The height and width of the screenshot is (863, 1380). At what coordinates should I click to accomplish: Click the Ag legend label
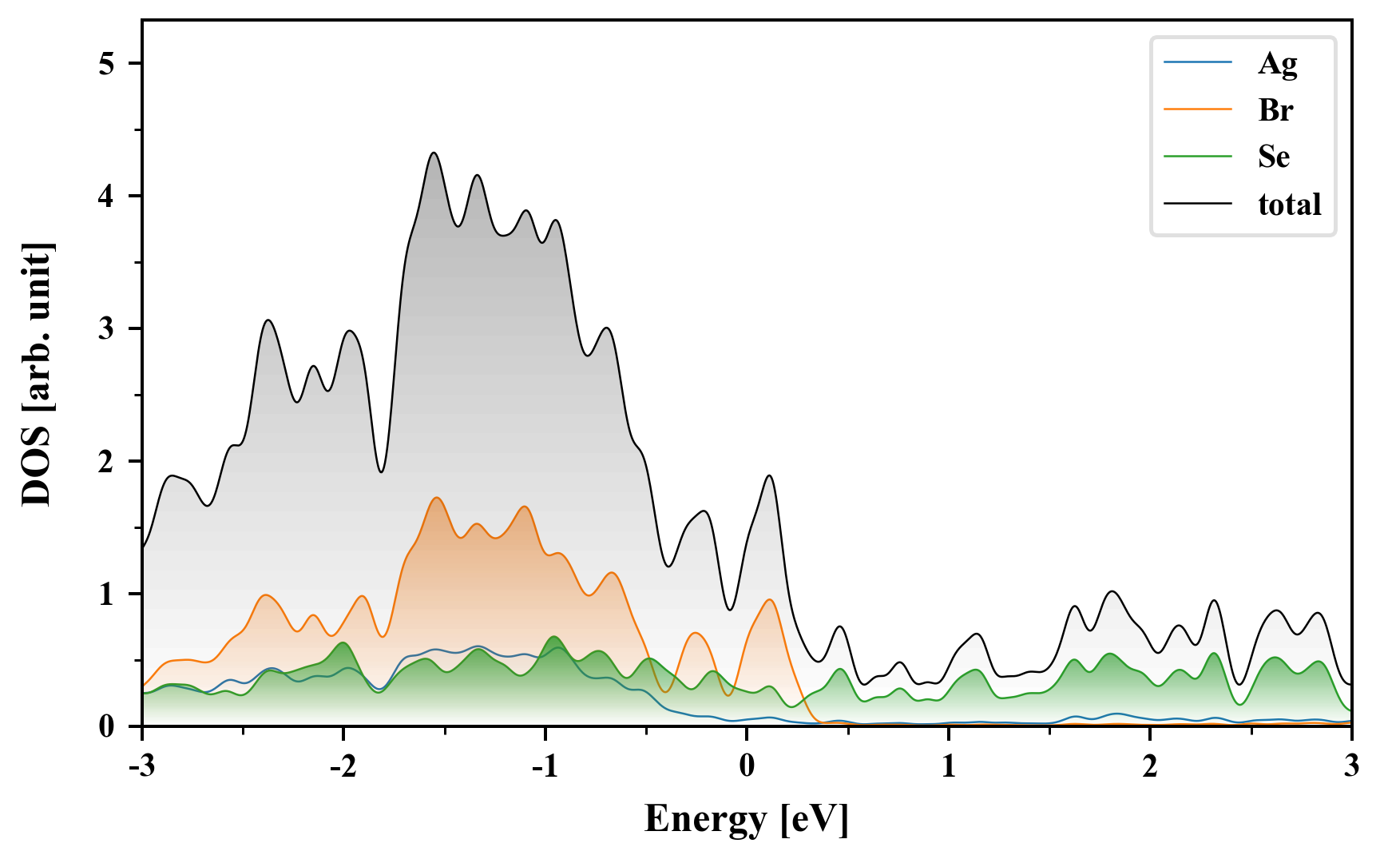click(1277, 63)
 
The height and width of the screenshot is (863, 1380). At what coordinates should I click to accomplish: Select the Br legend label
click(1275, 110)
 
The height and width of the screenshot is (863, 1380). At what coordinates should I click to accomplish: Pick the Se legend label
click(1274, 157)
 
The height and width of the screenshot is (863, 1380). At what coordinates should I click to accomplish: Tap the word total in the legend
click(1289, 205)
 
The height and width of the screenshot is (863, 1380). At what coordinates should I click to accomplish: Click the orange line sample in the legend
click(1197, 109)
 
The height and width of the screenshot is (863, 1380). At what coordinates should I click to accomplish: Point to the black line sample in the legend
click(1197, 204)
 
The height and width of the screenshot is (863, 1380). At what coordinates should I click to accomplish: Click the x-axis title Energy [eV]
click(746, 819)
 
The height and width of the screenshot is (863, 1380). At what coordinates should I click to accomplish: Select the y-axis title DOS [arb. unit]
click(37, 374)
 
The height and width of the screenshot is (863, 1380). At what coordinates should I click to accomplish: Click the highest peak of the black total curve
click(434, 153)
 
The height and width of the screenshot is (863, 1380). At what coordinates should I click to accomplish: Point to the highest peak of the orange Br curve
click(436, 498)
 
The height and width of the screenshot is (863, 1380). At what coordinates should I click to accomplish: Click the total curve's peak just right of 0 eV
click(769, 475)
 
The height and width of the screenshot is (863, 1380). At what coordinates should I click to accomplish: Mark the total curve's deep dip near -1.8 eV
click(381, 471)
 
